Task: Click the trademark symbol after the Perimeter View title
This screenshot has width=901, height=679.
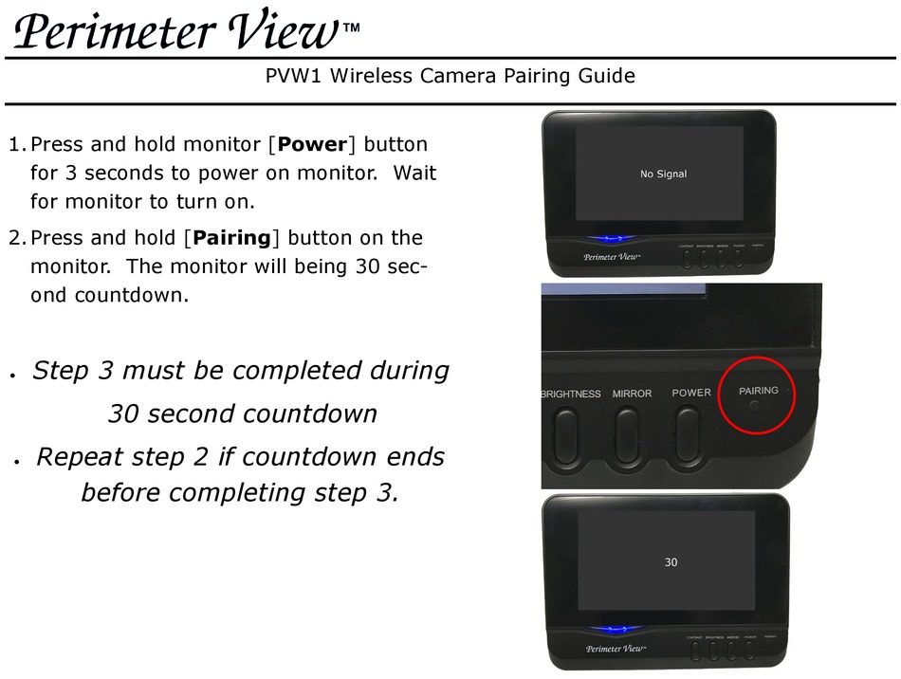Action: coord(351,28)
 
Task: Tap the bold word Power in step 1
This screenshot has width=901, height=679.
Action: coord(313,145)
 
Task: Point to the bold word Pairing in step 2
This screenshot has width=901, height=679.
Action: coord(232,237)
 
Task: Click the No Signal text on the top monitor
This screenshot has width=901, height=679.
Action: coord(663,174)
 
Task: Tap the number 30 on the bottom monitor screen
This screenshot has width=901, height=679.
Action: coord(671,562)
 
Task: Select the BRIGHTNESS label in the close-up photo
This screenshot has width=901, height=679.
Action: coord(570,394)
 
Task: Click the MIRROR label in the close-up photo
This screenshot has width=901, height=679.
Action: coord(632,394)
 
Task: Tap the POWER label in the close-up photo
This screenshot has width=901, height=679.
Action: coord(691,393)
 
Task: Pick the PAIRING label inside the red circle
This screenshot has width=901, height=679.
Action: coord(758,390)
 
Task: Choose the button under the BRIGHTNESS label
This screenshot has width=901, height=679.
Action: coord(566,436)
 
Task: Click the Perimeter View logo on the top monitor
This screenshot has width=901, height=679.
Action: coord(611,256)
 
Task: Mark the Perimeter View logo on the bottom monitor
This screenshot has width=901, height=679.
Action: coord(616,649)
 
